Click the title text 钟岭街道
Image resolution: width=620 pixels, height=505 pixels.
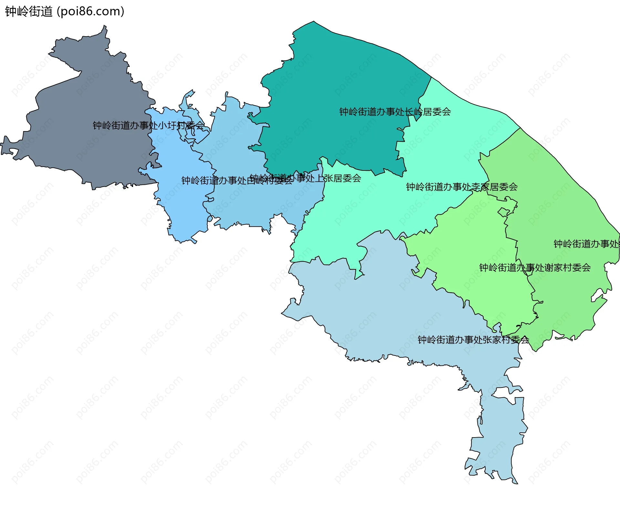(x=28, y=11)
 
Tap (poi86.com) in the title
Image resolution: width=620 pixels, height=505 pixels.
(x=90, y=11)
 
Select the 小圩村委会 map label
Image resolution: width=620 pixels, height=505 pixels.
(x=149, y=125)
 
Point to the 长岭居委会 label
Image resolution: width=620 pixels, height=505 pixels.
(x=395, y=112)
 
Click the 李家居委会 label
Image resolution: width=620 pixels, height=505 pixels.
(x=462, y=187)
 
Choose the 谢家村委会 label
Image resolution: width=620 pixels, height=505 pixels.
(x=535, y=267)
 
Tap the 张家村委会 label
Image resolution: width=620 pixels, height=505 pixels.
(x=473, y=340)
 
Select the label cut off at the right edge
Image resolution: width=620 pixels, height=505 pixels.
(x=586, y=244)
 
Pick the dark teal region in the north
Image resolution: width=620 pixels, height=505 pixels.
(x=339, y=81)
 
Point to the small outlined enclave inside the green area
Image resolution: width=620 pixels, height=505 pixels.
(x=503, y=212)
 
